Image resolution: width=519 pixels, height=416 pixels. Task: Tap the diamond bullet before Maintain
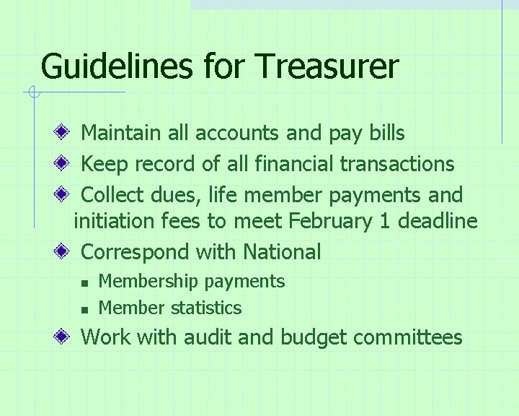tap(65, 133)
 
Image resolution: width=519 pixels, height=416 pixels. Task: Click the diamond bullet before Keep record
tap(65, 164)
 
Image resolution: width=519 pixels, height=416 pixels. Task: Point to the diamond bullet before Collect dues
tap(65, 195)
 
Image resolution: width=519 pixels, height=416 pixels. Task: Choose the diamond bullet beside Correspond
tap(65, 252)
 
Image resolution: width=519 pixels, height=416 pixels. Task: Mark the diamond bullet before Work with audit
tap(65, 337)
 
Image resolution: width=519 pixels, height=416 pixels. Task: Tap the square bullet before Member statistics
tap(84, 309)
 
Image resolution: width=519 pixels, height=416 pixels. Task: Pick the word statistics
tap(206, 308)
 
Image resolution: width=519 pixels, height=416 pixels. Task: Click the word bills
tap(387, 133)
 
